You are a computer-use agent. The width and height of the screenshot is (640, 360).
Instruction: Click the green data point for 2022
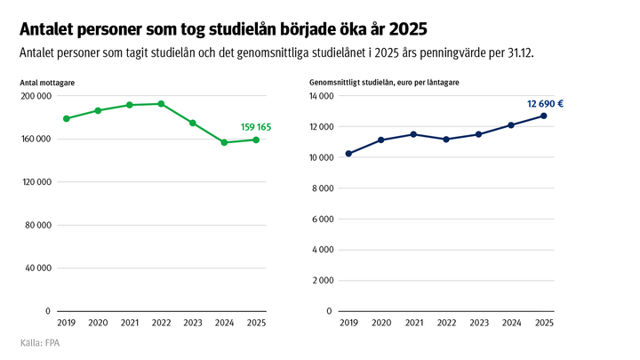pos(161,104)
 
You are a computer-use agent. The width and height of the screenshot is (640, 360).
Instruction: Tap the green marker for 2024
pos(224,142)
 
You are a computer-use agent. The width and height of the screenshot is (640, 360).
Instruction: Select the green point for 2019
pos(67,118)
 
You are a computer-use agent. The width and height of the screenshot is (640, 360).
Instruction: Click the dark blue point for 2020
pos(380,140)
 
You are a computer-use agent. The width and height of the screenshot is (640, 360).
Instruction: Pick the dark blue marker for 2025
pos(543,116)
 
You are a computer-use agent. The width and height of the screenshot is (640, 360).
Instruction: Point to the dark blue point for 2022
pos(446,140)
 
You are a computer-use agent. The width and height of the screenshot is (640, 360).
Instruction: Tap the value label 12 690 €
pos(545,104)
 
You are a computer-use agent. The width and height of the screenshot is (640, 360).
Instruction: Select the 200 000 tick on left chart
pos(36,96)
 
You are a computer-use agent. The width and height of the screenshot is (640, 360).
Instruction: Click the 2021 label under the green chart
pos(130,323)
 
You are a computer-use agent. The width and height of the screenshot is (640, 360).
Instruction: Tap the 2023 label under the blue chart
pos(478,323)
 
